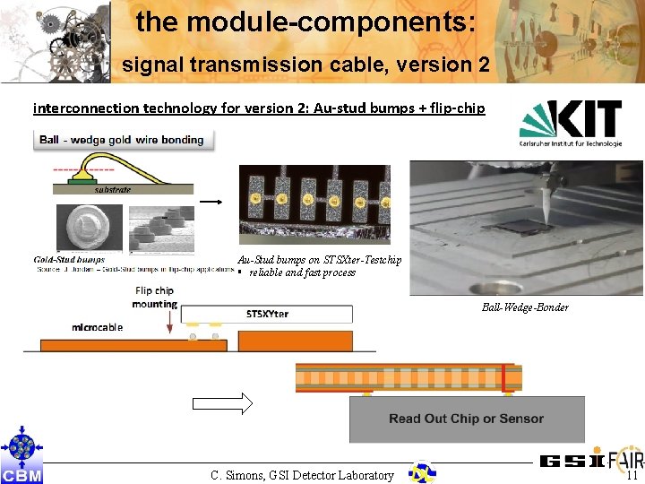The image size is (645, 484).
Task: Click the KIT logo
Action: pyautogui.click(x=571, y=124)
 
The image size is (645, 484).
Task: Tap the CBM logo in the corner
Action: pyautogui.click(x=21, y=458)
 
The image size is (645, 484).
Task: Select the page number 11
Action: pyautogui.click(x=632, y=476)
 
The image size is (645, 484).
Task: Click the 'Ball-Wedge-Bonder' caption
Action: pyautogui.click(x=525, y=307)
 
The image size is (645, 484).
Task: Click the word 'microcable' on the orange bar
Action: pyautogui.click(x=98, y=327)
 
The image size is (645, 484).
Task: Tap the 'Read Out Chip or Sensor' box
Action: pyautogui.click(x=466, y=419)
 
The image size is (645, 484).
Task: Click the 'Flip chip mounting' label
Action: pyautogui.click(x=154, y=297)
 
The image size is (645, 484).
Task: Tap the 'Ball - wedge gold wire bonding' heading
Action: pyautogui.click(x=121, y=139)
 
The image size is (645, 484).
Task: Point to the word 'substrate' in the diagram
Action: pyautogui.click(x=113, y=190)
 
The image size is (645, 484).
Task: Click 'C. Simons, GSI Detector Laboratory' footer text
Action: pyautogui.click(x=302, y=475)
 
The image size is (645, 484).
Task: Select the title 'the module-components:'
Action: pyautogui.click(x=305, y=22)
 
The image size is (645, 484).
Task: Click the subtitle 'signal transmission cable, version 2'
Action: pyautogui.click(x=305, y=65)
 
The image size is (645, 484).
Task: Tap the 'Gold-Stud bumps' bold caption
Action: pyautogui.click(x=70, y=260)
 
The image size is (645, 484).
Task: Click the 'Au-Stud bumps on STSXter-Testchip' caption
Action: pyautogui.click(x=319, y=260)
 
